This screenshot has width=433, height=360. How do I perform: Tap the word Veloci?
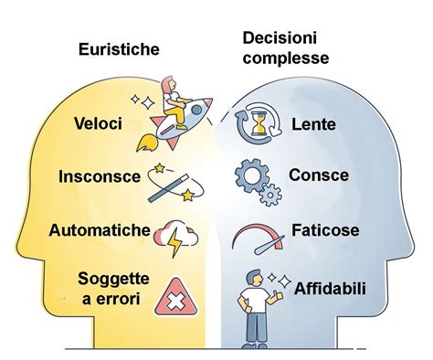pyautogui.click(x=98, y=122)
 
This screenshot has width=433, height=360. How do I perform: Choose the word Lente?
pyautogui.click(x=312, y=122)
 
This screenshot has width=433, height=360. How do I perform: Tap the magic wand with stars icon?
pyautogui.click(x=176, y=181)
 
